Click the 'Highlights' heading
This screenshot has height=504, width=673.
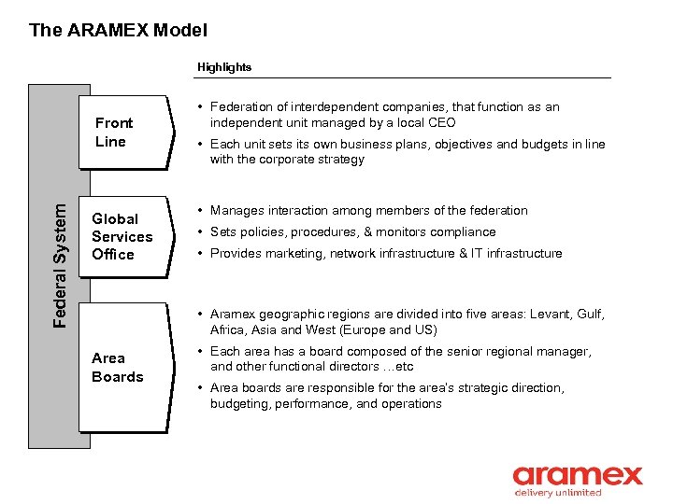click(223, 67)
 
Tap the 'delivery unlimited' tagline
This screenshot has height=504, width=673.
click(558, 493)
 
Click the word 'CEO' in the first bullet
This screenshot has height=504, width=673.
click(440, 122)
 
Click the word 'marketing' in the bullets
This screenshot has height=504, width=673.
click(288, 253)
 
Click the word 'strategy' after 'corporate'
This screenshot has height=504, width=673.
click(340, 159)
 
